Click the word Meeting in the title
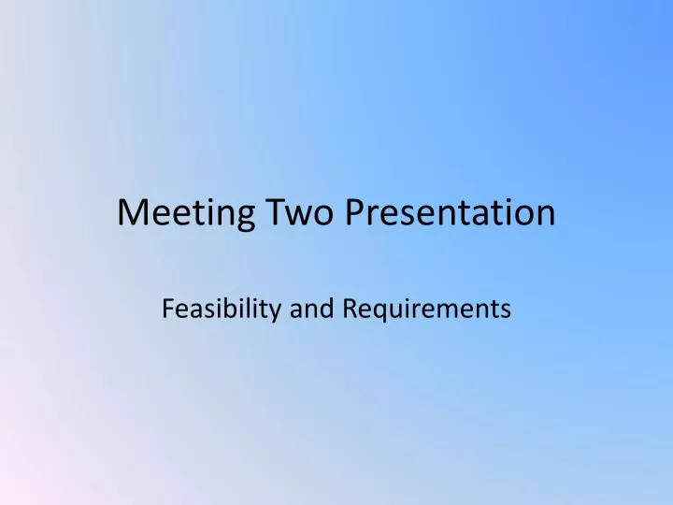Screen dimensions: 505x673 click(x=180, y=214)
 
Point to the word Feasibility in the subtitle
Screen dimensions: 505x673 click(x=222, y=308)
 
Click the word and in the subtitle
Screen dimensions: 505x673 click(x=312, y=308)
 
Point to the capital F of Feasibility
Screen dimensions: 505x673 click(x=168, y=308)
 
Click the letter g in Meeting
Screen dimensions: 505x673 click(x=232, y=218)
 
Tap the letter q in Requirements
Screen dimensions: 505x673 click(x=379, y=311)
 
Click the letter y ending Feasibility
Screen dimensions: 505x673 click(x=276, y=311)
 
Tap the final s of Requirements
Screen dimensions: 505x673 click(x=505, y=310)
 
